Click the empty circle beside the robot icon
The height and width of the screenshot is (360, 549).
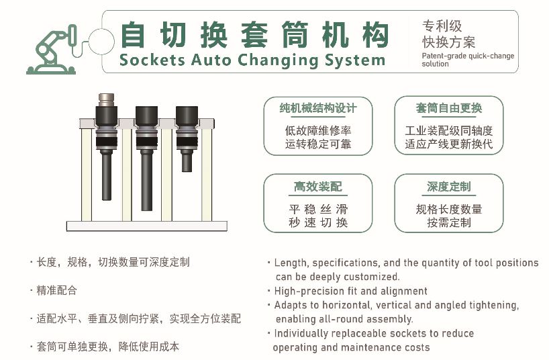click(101, 42)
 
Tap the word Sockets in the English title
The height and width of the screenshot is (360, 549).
click(152, 60)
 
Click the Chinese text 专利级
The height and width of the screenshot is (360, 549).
click(442, 26)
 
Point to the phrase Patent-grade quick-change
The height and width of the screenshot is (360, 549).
click(468, 56)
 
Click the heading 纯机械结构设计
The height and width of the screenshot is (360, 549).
click(318, 108)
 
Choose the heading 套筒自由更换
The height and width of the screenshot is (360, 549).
click(449, 108)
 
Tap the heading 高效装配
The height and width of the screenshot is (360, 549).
click(318, 187)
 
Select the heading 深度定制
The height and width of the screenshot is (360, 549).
click(449, 187)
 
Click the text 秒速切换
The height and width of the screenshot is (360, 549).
click(318, 222)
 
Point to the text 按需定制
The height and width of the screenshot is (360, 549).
click(449, 222)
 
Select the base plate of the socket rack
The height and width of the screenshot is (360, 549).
click(147, 226)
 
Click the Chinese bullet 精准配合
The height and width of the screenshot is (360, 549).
click(56, 290)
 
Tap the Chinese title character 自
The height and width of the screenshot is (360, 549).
click(132, 34)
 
